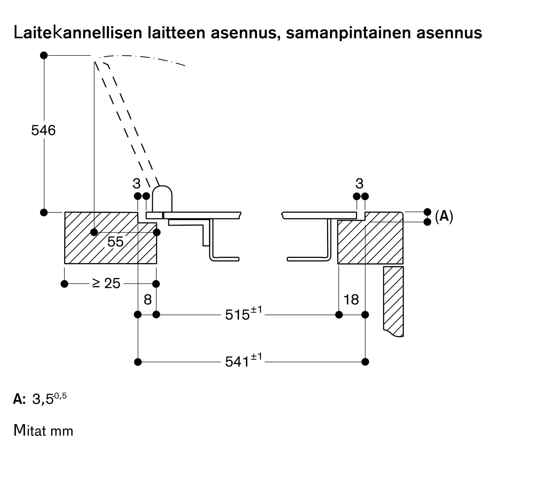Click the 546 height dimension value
[x=43, y=130]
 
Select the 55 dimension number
[x=115, y=242]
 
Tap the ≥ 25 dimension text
[x=106, y=283]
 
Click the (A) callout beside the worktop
[x=444, y=216]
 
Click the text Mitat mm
[x=43, y=431]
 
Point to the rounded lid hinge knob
[x=162, y=199]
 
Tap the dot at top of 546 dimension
[x=44, y=55]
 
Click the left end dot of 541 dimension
[x=138, y=362]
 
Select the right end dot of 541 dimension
[x=365, y=362]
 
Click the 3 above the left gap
[x=136, y=184]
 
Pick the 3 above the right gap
[x=359, y=184]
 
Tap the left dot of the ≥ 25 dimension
[x=64, y=284]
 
